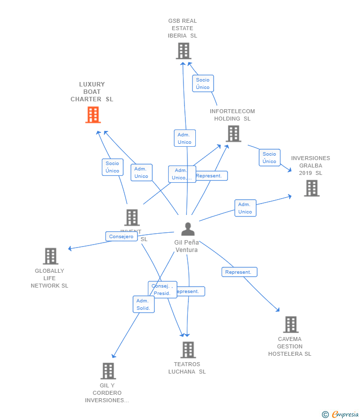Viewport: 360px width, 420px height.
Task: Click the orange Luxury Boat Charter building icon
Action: point(93,115)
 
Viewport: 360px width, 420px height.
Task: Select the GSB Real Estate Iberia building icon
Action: point(183,51)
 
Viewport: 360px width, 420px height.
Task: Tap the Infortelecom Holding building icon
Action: point(233,133)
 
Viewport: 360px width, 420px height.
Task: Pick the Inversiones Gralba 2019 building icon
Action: point(312,188)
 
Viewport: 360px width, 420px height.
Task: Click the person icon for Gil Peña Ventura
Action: point(187,229)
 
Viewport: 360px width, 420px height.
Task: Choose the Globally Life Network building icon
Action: point(50,256)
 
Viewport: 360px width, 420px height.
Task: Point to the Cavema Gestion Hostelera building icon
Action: point(290,325)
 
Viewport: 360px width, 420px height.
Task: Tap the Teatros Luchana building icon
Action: point(187,350)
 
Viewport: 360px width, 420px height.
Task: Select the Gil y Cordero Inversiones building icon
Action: point(108,371)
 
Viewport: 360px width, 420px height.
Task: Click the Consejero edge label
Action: point(121,237)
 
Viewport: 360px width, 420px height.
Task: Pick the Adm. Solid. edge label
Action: point(143,304)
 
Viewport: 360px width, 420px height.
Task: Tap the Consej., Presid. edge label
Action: point(162,290)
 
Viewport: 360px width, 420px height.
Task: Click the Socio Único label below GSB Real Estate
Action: point(203,84)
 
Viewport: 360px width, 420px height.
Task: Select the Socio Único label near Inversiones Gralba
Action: point(270,158)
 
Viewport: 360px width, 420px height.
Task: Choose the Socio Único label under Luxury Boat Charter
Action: point(112,167)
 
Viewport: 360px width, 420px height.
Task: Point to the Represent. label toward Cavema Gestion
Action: point(239,272)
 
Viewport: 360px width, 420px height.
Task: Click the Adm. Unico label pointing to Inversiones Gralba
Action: point(245,208)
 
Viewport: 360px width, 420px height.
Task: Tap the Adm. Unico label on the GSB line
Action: point(184,138)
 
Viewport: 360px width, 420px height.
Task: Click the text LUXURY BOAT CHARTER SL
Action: point(92,92)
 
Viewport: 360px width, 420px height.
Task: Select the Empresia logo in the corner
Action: point(340,414)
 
